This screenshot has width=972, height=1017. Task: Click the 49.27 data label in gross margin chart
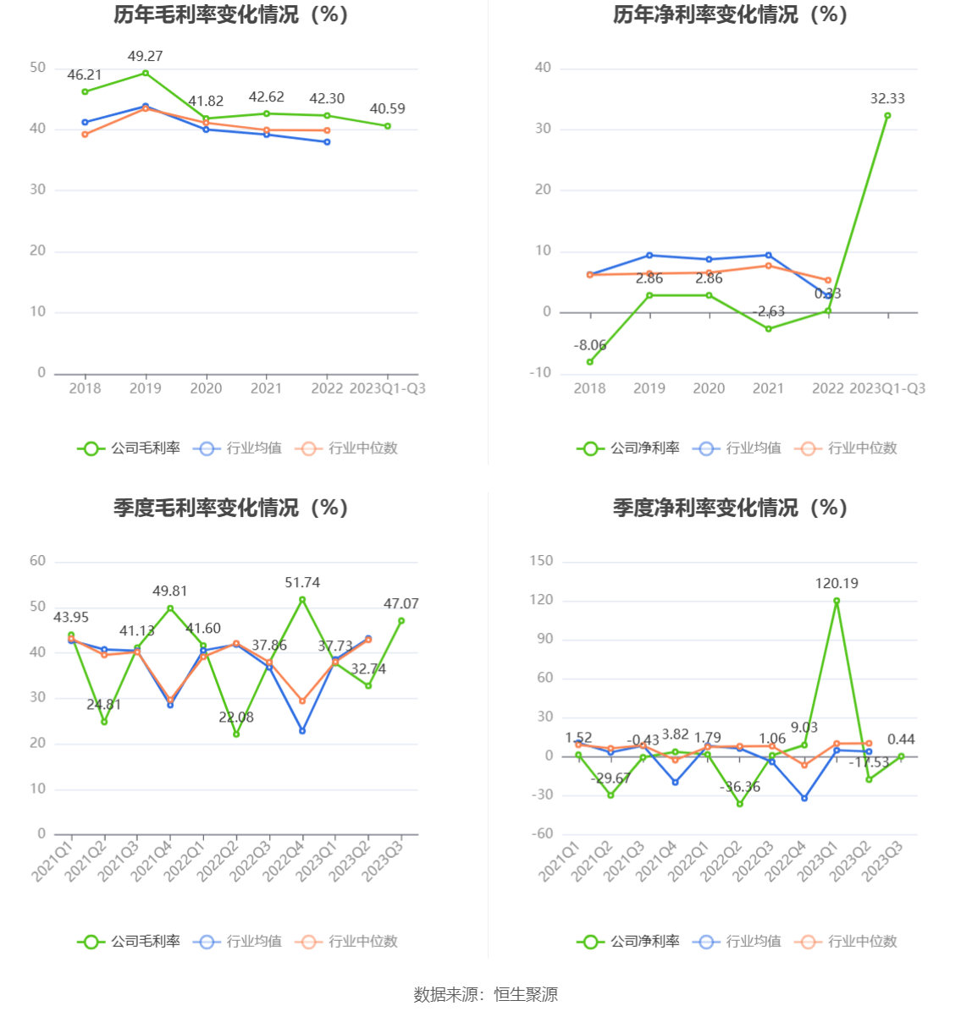pyautogui.click(x=145, y=56)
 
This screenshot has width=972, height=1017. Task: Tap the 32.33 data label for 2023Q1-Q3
pyautogui.click(x=887, y=98)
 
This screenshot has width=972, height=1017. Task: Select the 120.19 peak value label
pyautogui.click(x=837, y=583)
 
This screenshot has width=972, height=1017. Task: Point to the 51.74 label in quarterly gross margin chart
pyautogui.click(x=302, y=582)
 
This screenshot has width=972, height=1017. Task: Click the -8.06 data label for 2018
pyautogui.click(x=590, y=345)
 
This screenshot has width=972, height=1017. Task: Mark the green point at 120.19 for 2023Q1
pyautogui.click(x=837, y=601)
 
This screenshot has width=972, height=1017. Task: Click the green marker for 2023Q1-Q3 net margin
pyautogui.click(x=887, y=115)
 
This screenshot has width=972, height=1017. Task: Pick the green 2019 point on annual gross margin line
pyautogui.click(x=146, y=73)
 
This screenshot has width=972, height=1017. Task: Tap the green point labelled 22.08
pyautogui.click(x=236, y=734)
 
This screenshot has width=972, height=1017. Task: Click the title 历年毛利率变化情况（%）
pyautogui.click(x=231, y=14)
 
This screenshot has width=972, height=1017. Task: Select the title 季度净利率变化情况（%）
pyautogui.click(x=730, y=508)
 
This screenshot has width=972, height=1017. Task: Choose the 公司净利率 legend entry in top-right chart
pyautogui.click(x=629, y=448)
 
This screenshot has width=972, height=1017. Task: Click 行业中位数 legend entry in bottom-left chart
pyautogui.click(x=347, y=941)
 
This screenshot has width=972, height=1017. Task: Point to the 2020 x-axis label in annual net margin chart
pyautogui.click(x=709, y=388)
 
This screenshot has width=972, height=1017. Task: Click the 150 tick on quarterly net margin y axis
pyautogui.click(x=540, y=561)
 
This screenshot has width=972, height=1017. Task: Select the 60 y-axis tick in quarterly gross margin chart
pyautogui.click(x=37, y=561)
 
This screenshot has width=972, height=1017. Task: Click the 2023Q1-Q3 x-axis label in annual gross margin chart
pyautogui.click(x=387, y=388)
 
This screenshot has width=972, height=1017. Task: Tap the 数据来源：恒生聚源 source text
pyautogui.click(x=485, y=994)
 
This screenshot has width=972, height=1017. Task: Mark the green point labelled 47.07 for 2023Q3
pyautogui.click(x=401, y=620)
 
